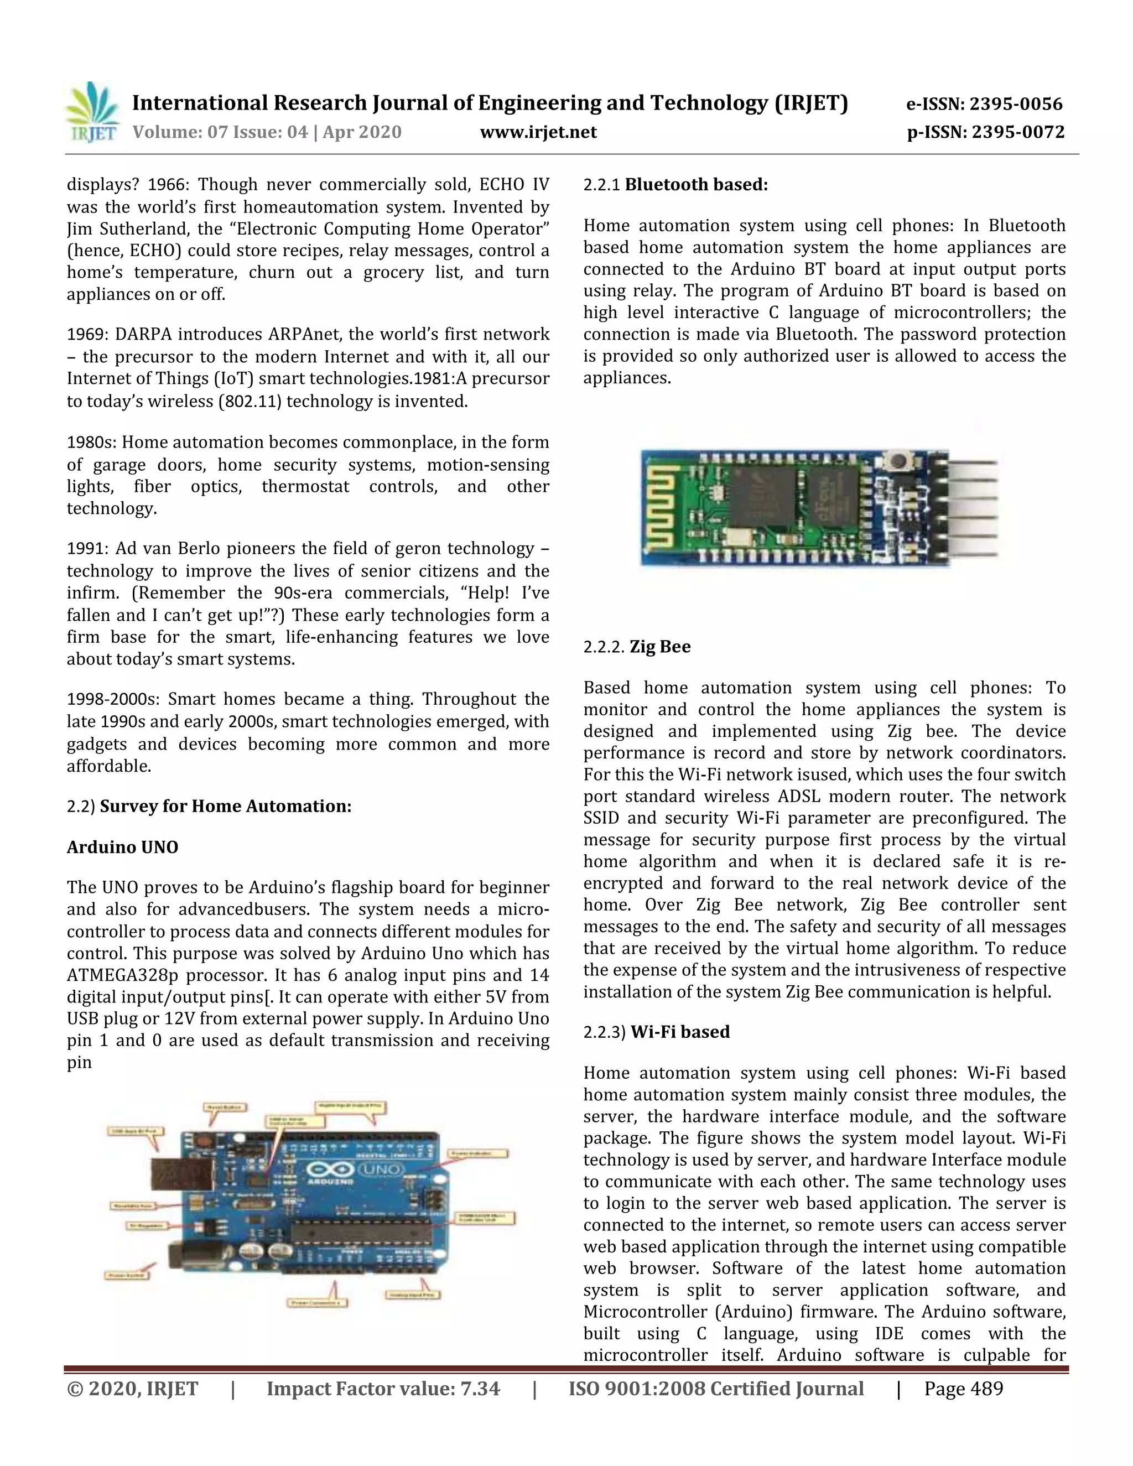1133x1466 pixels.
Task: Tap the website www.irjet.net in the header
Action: [538, 132]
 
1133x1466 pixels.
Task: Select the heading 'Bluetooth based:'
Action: [696, 185]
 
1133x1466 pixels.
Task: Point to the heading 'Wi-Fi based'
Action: [680, 1032]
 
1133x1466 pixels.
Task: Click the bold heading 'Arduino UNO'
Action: [122, 847]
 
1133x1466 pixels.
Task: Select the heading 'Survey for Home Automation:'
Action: [226, 806]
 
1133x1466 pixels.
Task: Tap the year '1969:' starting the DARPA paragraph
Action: [87, 334]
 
